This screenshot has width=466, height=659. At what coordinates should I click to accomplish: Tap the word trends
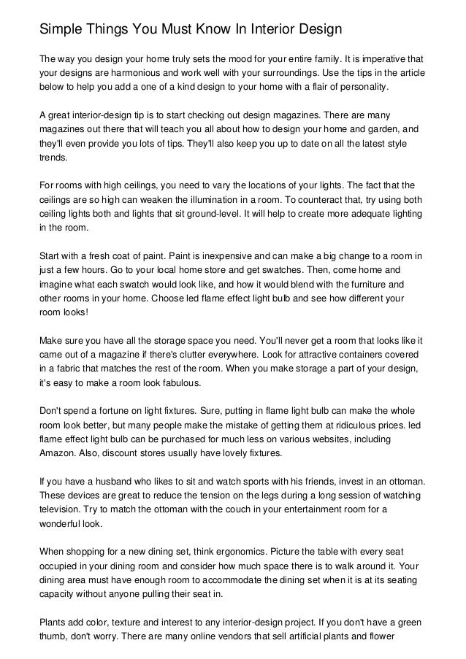point(53,157)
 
